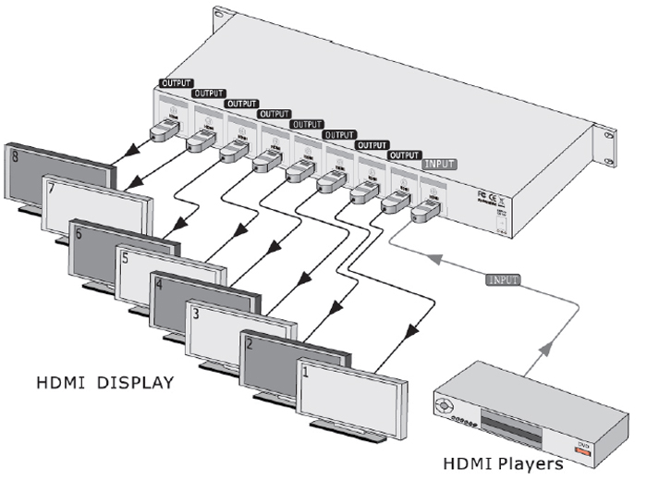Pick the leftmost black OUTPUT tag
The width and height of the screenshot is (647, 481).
pyautogui.click(x=177, y=83)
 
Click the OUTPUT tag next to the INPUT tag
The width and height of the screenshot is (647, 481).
pyautogui.click(x=404, y=154)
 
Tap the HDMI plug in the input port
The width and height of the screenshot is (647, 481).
pyautogui.click(x=424, y=212)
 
